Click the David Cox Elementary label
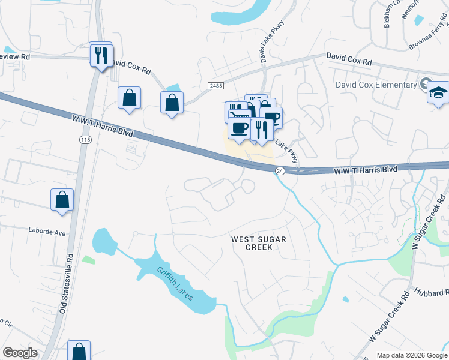pos(376,85)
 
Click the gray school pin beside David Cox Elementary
pos(426,83)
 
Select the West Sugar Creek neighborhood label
pos(259,244)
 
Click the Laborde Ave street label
pos(46,229)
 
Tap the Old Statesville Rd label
pos(65,283)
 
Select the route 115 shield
pos(84,139)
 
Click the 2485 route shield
pos(215,86)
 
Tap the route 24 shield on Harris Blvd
pos(279,171)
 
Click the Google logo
pos(20,353)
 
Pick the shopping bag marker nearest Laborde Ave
pos(62,200)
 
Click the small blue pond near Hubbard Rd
pos(345,299)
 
